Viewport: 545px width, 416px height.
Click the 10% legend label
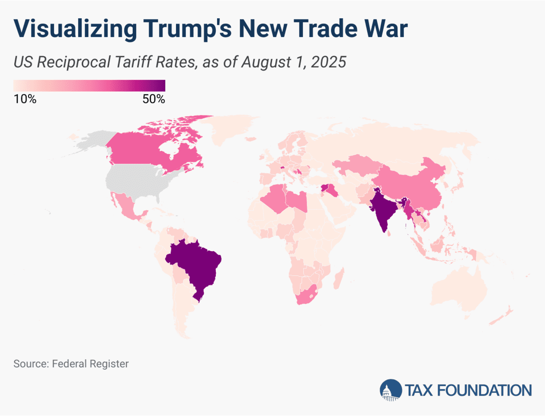(25, 99)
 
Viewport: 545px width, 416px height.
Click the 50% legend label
(154, 99)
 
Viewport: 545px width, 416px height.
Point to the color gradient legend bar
(89, 85)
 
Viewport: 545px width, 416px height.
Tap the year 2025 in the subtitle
(329, 62)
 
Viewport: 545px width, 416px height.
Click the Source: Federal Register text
(71, 364)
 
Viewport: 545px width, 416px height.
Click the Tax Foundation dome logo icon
(391, 390)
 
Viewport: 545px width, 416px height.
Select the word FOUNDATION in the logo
(484, 390)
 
